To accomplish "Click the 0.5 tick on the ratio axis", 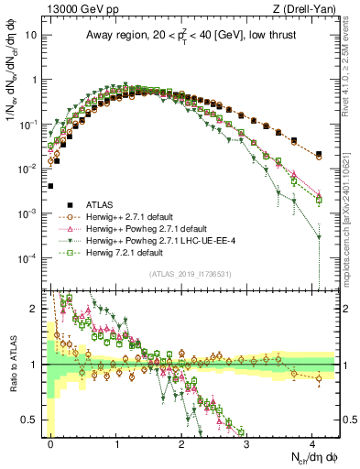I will pos(33,420).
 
